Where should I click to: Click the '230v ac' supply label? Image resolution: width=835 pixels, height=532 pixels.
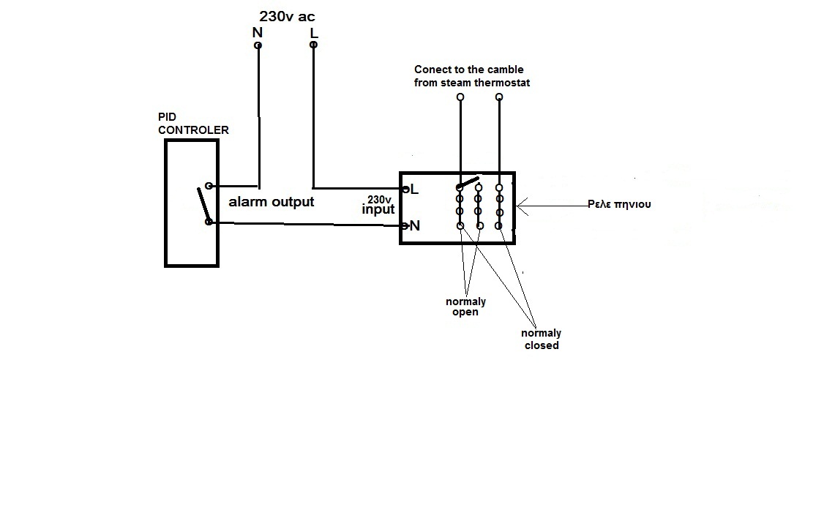tap(287, 17)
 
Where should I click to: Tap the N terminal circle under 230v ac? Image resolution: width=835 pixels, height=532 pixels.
tap(258, 45)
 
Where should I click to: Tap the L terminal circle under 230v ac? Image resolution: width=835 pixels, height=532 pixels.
tap(314, 45)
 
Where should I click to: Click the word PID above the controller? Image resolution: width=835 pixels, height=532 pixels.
tap(167, 116)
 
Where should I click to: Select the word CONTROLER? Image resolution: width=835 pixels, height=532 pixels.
tap(193, 130)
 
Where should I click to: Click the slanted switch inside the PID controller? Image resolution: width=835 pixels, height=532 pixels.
tap(203, 204)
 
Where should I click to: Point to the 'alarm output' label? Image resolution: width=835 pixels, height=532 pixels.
tap(272, 202)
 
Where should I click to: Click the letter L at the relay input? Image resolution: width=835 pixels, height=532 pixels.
tap(414, 190)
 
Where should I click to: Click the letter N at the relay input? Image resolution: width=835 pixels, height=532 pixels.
tap(415, 226)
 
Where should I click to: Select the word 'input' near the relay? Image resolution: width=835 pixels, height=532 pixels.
tap(378, 209)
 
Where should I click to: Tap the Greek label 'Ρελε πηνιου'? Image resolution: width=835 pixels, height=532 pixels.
tap(619, 204)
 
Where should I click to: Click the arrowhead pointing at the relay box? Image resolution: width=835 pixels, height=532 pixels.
tap(523, 206)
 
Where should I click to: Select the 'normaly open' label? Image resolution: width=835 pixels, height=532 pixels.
tap(466, 306)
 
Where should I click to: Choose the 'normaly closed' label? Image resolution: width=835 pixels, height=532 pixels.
tap(541, 340)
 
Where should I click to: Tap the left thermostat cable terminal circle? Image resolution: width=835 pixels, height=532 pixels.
tap(460, 97)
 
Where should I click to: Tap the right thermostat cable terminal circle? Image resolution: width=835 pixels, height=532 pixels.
tap(499, 97)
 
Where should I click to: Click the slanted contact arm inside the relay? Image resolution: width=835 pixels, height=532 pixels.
tap(468, 183)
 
